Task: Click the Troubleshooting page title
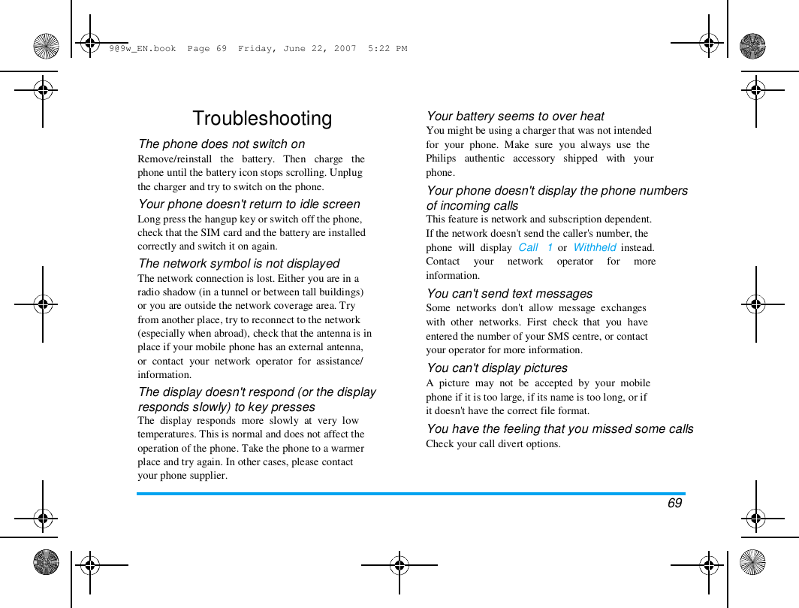point(262,119)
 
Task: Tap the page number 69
point(674,503)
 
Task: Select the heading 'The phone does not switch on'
point(222,144)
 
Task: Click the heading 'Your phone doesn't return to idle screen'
point(249,204)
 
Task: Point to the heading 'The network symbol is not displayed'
point(239,264)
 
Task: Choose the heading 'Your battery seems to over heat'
point(515,116)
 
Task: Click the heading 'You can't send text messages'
point(509,294)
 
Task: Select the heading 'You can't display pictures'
point(496,368)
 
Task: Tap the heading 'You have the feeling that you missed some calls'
point(559,429)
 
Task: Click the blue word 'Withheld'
point(595,247)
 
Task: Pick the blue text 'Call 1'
point(535,247)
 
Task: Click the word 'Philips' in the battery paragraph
point(441,159)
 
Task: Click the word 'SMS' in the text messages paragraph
point(559,337)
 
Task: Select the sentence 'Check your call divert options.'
point(493,444)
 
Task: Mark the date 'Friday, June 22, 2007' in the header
point(297,49)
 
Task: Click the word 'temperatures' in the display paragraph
point(167,434)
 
